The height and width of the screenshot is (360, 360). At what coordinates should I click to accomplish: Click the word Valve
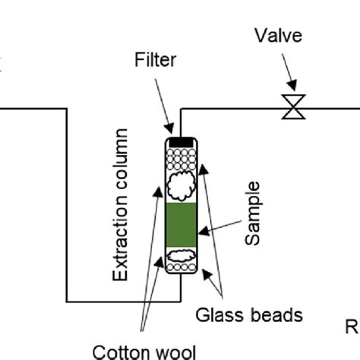click(278, 36)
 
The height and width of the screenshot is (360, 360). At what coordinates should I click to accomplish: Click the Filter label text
click(155, 59)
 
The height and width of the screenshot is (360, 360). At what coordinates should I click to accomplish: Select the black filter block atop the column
click(181, 141)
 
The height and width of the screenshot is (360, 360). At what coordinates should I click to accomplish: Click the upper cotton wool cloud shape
click(182, 184)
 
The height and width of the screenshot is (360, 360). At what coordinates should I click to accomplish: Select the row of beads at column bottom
click(182, 267)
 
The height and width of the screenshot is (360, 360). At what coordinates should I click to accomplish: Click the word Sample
click(253, 213)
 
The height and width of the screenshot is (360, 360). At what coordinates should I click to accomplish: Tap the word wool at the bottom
click(174, 351)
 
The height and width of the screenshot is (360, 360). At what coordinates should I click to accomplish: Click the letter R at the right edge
click(352, 327)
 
